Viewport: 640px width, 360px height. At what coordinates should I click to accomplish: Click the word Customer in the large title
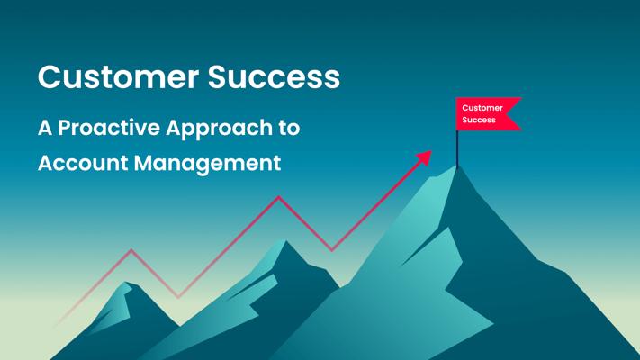[118, 76]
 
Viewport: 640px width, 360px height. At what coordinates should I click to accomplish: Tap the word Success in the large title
[274, 76]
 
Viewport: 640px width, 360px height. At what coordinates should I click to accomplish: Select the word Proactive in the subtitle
[109, 128]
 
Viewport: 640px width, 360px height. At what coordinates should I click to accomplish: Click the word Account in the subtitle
[84, 163]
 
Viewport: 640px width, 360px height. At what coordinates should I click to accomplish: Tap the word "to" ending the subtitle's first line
[289, 128]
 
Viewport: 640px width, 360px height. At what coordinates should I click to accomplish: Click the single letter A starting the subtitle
[45, 128]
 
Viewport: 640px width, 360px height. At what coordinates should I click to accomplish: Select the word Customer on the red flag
[482, 108]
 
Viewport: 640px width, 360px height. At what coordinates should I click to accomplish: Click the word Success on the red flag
[479, 120]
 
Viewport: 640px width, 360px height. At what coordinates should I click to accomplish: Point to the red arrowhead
[425, 157]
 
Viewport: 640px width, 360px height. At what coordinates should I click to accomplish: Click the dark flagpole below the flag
[457, 148]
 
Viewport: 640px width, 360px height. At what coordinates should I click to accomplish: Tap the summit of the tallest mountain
[457, 166]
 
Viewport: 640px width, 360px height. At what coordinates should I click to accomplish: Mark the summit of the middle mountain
[286, 241]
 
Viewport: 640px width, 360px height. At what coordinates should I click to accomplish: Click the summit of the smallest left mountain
[127, 282]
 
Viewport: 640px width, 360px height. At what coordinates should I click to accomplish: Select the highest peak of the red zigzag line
[279, 197]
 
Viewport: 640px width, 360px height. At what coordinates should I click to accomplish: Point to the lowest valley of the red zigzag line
[178, 297]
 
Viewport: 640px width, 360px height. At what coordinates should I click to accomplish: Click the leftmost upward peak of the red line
[131, 250]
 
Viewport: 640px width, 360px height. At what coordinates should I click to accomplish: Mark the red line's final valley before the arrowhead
[331, 250]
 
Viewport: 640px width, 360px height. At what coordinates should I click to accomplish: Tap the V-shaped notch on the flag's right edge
[507, 114]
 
